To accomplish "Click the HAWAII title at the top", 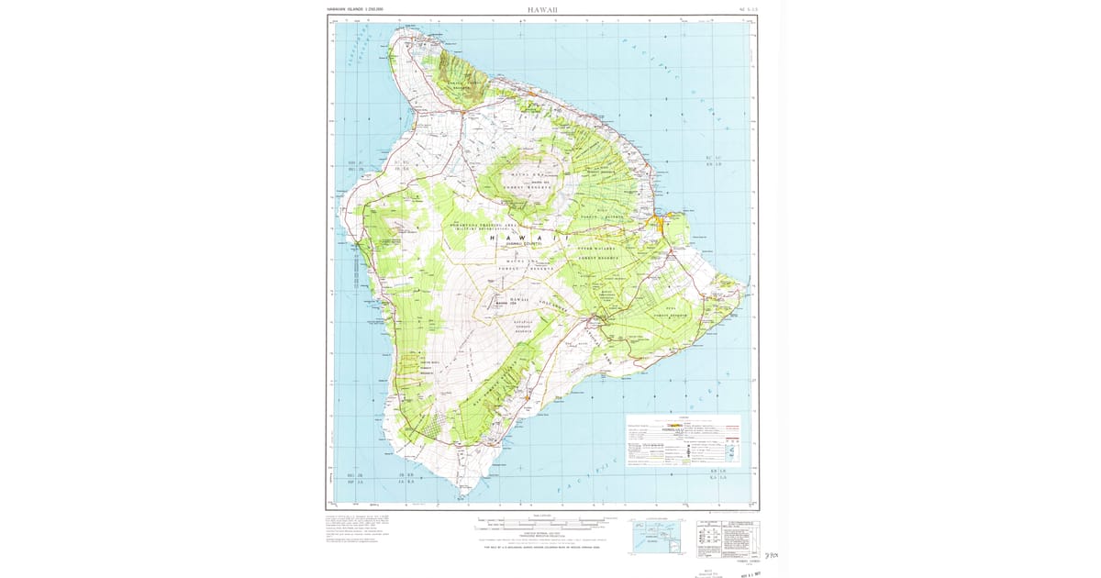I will pos(542,9).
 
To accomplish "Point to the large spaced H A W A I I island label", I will pos(527,238).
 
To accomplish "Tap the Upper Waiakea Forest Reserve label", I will pos(600,252).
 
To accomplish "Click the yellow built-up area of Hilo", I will pos(662,224).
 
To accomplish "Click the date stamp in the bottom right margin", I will pos(748,571).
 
